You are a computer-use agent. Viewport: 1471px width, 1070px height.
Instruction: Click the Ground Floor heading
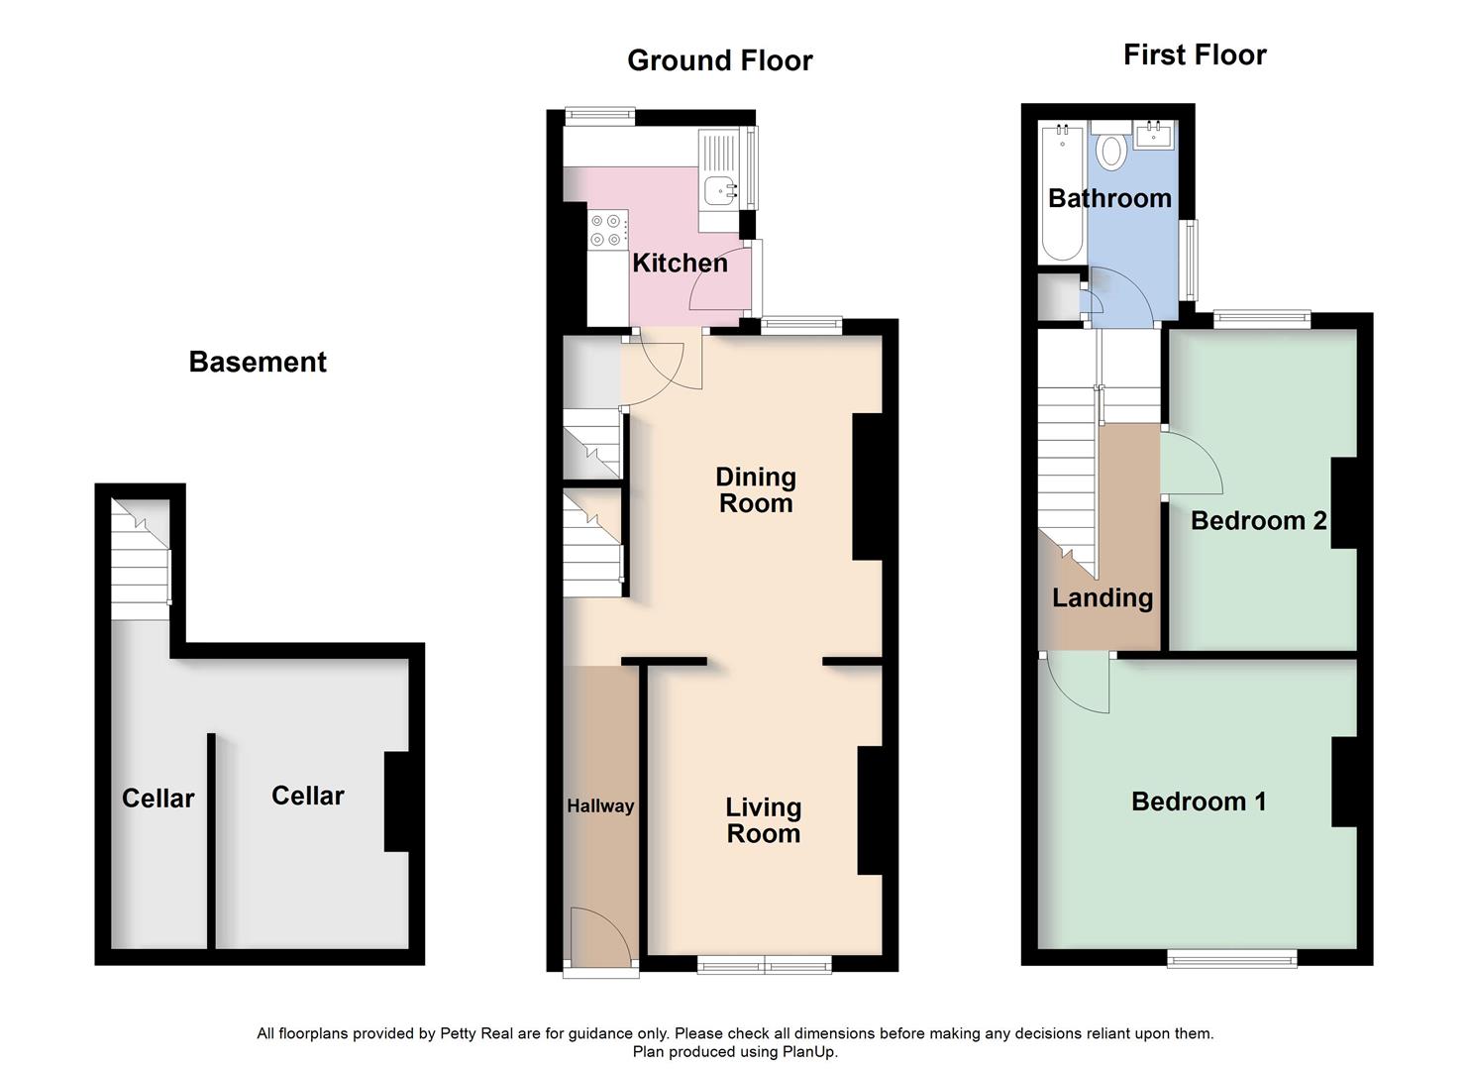[720, 60]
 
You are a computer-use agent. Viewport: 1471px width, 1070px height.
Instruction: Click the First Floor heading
[1195, 54]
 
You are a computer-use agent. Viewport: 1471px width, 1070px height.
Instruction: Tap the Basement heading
[258, 362]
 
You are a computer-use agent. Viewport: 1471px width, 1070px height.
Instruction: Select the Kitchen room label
[680, 264]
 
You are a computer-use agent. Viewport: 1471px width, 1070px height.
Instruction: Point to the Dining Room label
[756, 490]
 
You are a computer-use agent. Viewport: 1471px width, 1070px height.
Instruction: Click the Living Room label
[763, 820]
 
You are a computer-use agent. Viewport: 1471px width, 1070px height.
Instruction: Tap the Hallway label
[600, 806]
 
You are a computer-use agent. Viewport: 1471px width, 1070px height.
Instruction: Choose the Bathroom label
[1109, 198]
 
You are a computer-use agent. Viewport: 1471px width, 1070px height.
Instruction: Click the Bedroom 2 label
[1258, 521]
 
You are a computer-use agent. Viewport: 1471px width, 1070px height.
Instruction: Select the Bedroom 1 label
[1199, 802]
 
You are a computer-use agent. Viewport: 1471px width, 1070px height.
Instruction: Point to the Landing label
[1103, 598]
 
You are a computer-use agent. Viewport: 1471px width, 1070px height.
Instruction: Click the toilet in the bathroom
[1111, 150]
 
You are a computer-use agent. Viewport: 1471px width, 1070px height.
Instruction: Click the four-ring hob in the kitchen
[606, 229]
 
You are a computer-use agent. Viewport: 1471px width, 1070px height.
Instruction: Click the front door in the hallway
[600, 937]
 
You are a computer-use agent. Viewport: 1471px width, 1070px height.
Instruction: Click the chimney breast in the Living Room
[870, 810]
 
